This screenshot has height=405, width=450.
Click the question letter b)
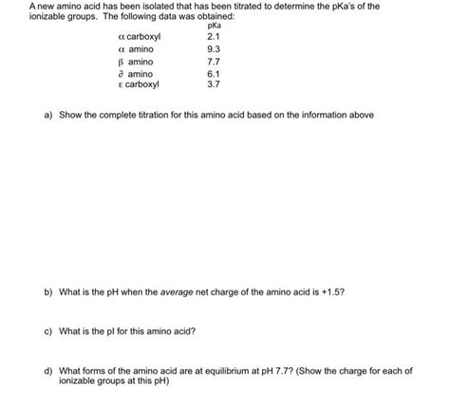point(47,293)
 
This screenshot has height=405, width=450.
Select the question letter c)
point(47,332)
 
